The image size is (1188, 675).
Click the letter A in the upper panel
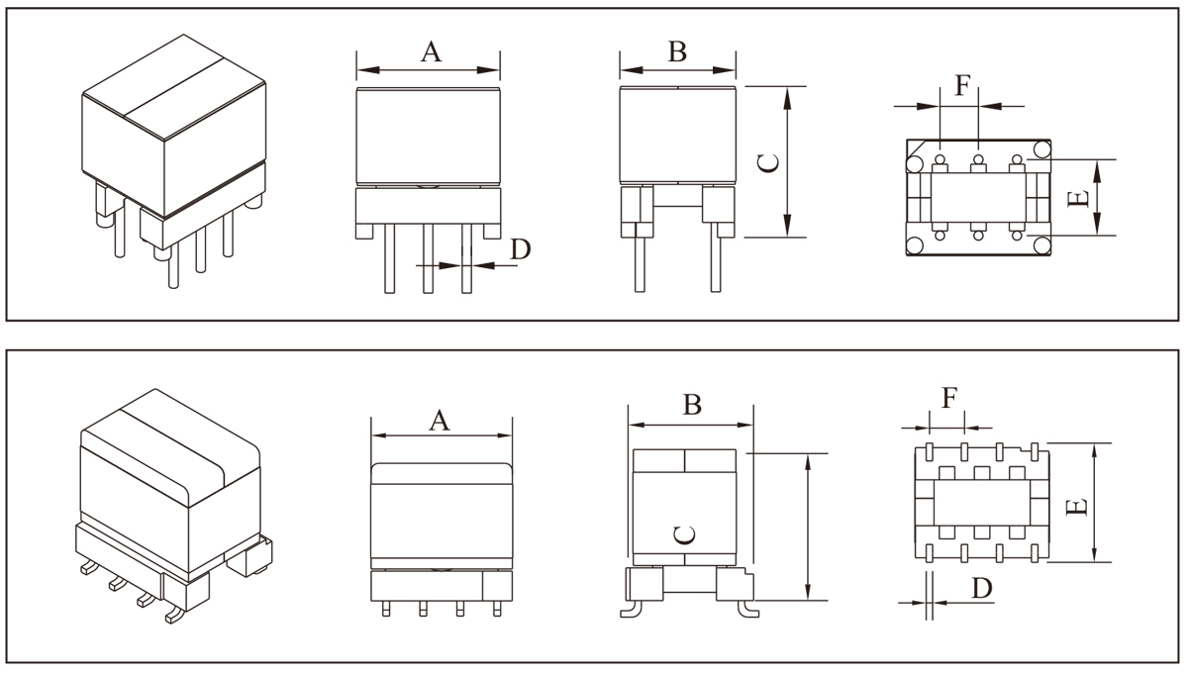(430, 51)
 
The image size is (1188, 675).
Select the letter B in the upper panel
(677, 51)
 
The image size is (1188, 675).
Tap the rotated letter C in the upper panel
(769, 162)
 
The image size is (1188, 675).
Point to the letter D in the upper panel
(520, 249)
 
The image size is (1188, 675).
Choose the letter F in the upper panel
(962, 86)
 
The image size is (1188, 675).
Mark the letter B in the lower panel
(693, 404)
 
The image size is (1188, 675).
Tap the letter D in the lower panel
(981, 588)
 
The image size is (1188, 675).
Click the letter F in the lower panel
(948, 398)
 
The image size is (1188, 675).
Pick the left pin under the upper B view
(641, 262)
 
